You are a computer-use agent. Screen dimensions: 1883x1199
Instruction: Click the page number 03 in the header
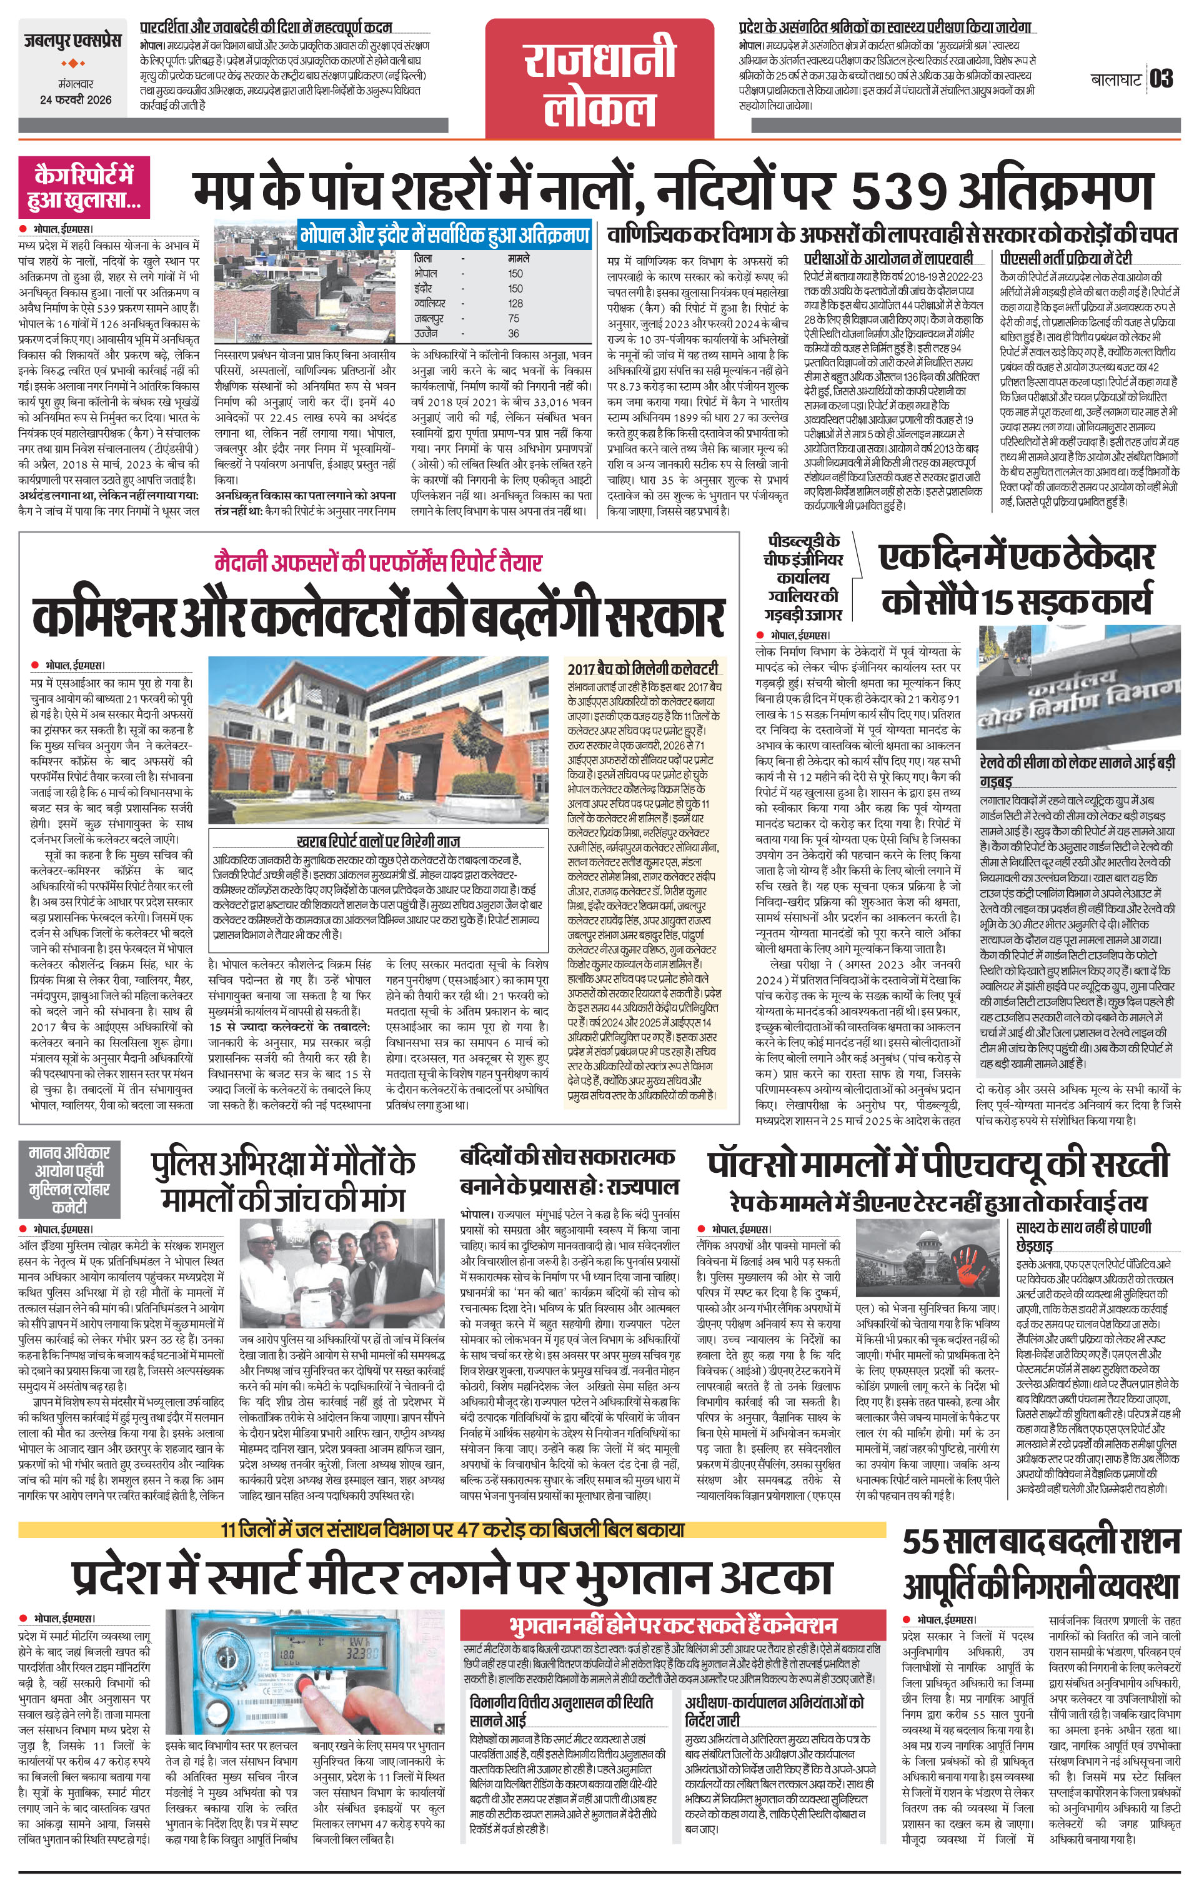(1162, 79)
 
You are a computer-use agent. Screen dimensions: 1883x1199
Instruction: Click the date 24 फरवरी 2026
(76, 99)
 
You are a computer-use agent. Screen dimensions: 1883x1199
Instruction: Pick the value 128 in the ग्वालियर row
(515, 303)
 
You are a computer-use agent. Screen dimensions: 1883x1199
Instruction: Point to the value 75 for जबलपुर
(514, 318)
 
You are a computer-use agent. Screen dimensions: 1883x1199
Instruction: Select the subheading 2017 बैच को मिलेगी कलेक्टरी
(642, 670)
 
